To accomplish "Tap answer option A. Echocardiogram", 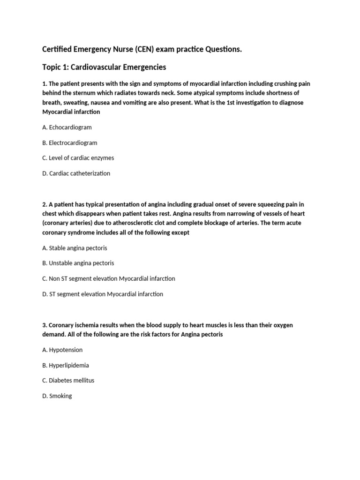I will point(67,127).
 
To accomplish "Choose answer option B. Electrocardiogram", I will point(70,142).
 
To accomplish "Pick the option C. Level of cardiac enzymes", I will point(78,158).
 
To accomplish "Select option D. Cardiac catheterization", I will point(76,173).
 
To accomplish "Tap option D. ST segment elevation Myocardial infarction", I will point(103,294).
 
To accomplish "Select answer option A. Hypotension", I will point(62,350).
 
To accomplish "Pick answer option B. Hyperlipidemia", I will point(66,365).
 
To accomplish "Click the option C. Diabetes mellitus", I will point(68,380).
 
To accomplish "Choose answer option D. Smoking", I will point(57,396).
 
